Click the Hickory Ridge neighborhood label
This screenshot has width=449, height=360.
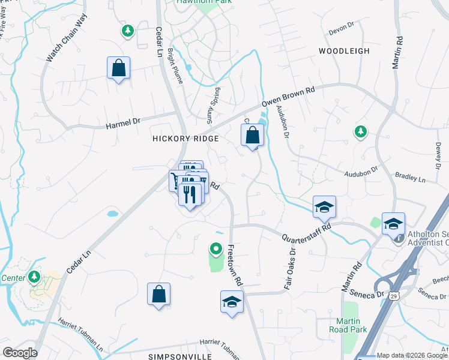pyautogui.click(x=185, y=138)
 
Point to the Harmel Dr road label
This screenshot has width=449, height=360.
pyautogui.click(x=122, y=125)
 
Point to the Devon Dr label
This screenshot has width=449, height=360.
pyautogui.click(x=342, y=31)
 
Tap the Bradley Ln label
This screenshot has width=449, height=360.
pyautogui.click(x=410, y=179)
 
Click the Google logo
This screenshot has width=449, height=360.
pyautogui.click(x=19, y=353)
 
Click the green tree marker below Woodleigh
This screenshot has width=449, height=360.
pyautogui.click(x=360, y=131)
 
